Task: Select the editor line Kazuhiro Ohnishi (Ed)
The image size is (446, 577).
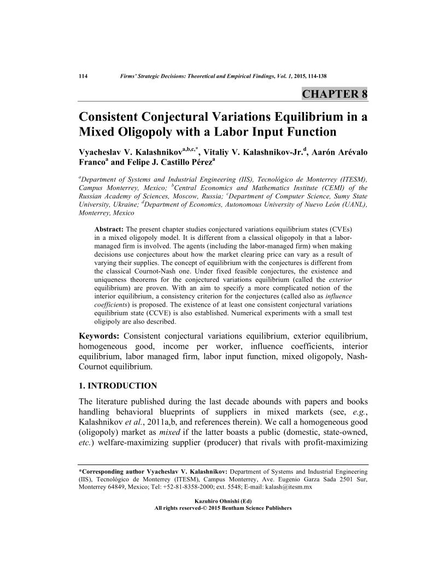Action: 224,501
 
